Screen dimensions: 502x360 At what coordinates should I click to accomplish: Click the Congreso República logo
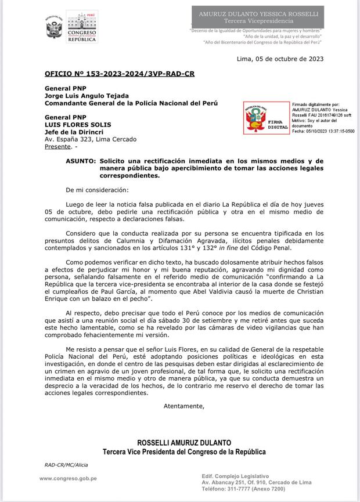[x=81, y=27]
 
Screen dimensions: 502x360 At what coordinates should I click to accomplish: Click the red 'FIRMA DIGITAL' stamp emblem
[x=265, y=118]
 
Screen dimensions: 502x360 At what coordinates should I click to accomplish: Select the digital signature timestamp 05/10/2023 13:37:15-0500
[x=323, y=131]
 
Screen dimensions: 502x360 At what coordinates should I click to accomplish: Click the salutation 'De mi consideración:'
[x=98, y=190]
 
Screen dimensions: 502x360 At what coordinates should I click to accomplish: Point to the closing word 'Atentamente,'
[x=184, y=406]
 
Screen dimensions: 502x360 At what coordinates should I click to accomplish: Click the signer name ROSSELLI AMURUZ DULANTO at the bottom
[x=184, y=443]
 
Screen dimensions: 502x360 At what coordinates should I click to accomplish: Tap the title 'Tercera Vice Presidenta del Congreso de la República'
[x=184, y=452]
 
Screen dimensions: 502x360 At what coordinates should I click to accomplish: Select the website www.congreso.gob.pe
[x=68, y=478]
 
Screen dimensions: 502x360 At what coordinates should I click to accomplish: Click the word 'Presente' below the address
[x=57, y=147]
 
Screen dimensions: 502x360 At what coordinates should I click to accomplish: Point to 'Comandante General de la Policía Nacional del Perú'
[x=131, y=103]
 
